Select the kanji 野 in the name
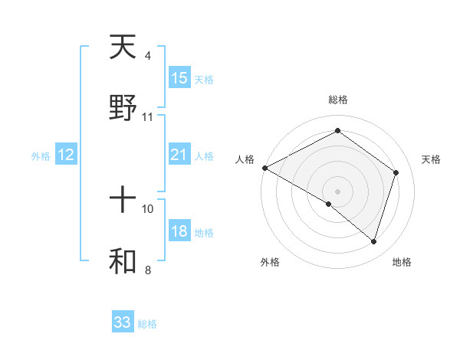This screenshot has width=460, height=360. point(123,108)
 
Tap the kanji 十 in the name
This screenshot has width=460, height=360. point(123,201)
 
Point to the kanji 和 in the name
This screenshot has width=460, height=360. point(123,261)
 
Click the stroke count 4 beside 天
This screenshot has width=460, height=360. point(147,56)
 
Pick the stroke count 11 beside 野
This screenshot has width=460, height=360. point(148,117)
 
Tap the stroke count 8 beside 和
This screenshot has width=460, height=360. point(147,270)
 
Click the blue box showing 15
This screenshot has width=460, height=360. point(179,78)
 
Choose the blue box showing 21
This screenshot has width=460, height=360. point(179,155)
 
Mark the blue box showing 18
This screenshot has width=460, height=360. point(179,232)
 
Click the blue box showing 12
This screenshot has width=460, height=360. point(66,155)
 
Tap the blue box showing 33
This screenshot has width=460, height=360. point(123,322)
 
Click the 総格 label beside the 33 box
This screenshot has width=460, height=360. point(147,324)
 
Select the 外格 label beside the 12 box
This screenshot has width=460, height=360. point(41,156)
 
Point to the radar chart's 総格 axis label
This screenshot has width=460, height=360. point(337,100)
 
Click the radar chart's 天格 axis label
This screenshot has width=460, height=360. point(431,159)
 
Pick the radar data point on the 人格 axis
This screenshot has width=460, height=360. point(264,168)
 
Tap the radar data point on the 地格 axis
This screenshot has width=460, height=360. point(373,241)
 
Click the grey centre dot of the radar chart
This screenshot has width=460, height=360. point(337,191)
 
